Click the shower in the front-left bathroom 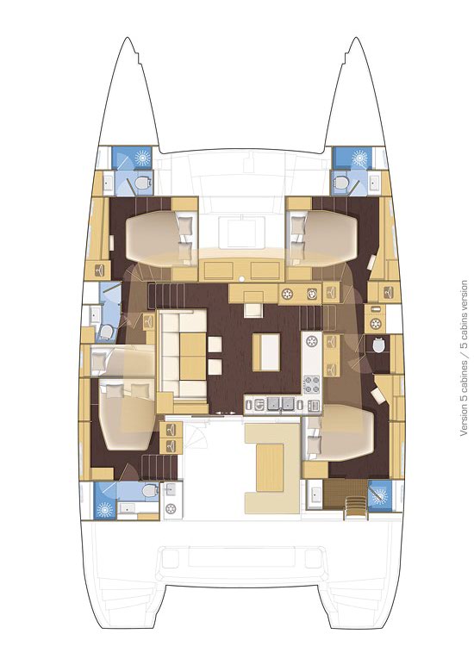140,159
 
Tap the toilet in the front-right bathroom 343,183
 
